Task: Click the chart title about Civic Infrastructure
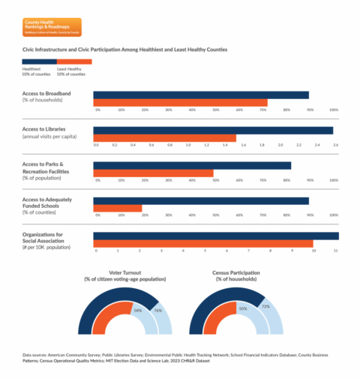(124, 50)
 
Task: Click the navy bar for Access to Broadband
(200, 95)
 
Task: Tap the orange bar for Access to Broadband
(180, 102)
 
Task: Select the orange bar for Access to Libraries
(164, 137)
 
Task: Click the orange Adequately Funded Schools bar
(117, 209)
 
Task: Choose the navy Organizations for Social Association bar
(215, 236)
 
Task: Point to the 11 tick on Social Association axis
(336, 251)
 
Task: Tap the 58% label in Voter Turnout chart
(137, 308)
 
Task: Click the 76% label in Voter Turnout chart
(157, 309)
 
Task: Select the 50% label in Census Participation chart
(242, 308)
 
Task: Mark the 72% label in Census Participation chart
(264, 307)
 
